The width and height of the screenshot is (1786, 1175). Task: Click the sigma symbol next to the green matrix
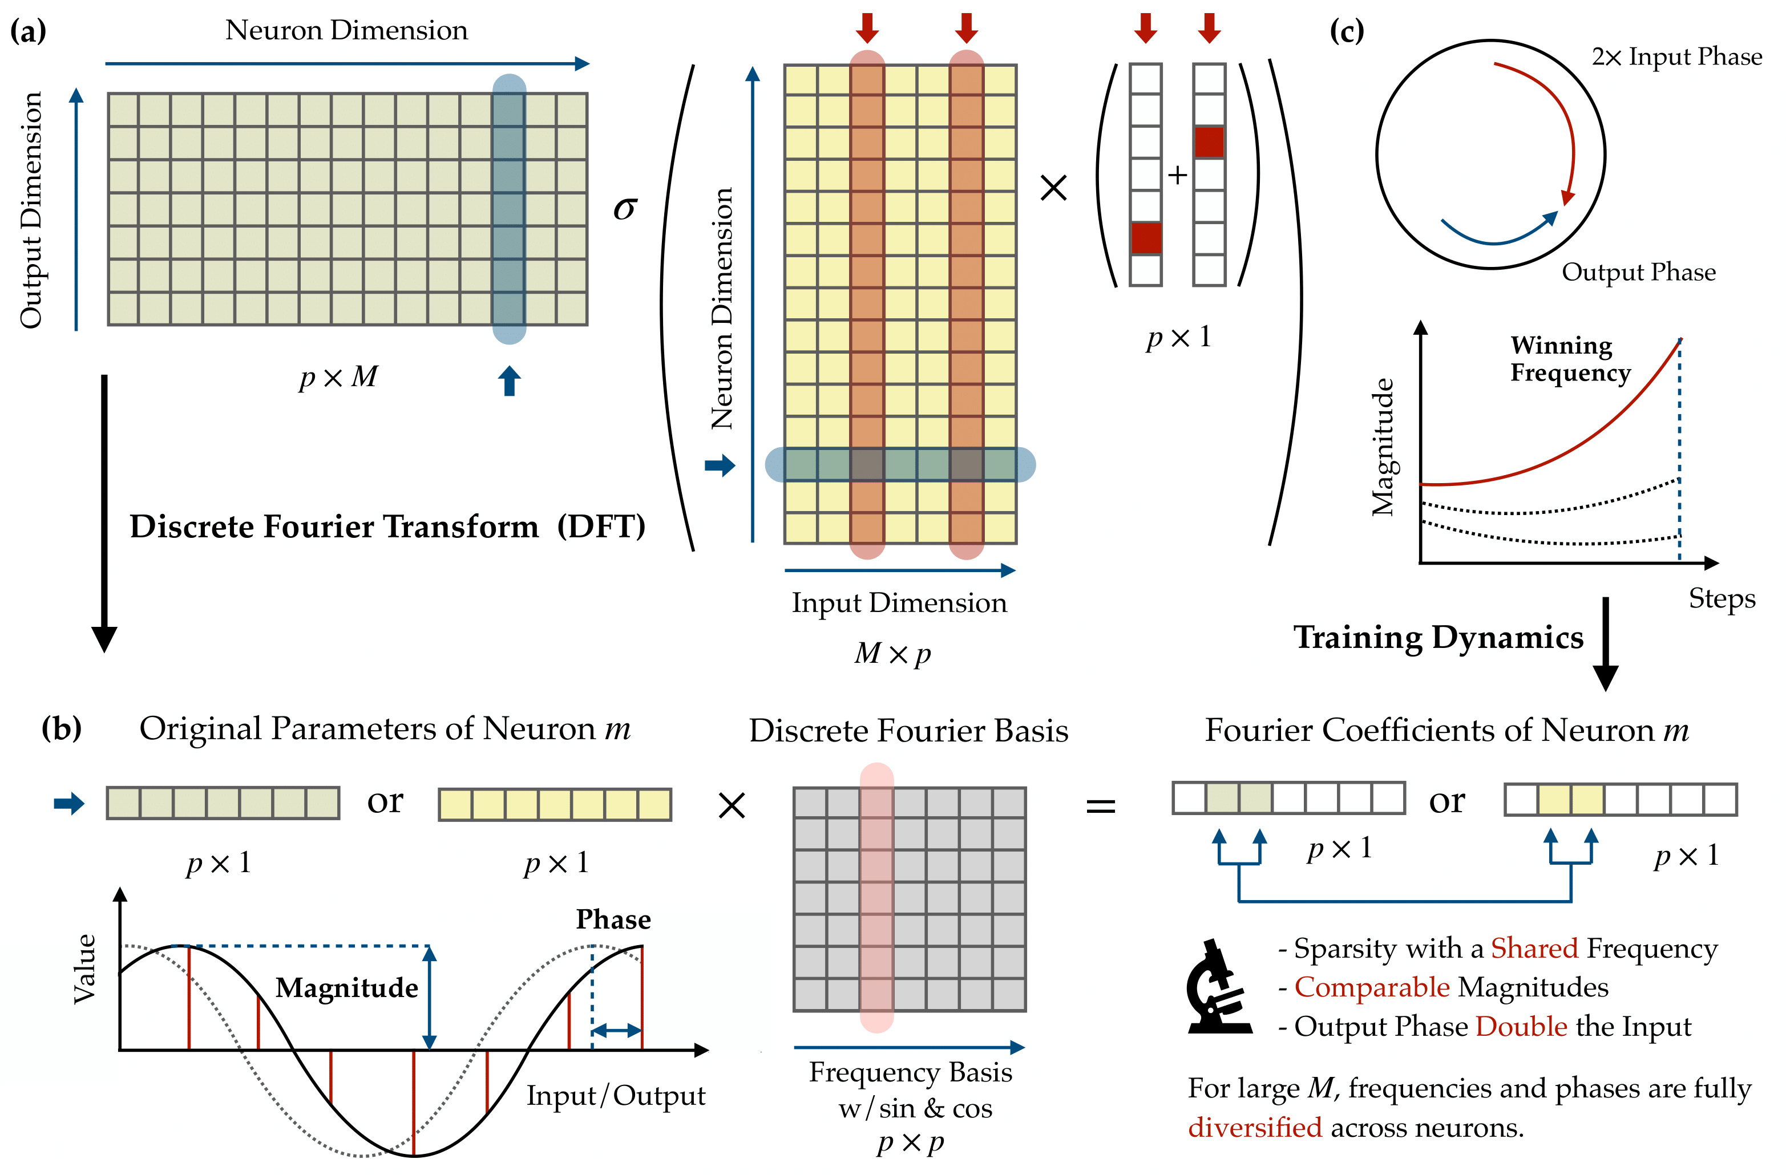tap(625, 209)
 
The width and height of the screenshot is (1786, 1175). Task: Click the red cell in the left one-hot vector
tap(1146, 238)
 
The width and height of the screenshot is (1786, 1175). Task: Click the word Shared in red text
tap(1534, 949)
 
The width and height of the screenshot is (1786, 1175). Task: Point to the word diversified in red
tap(1255, 1128)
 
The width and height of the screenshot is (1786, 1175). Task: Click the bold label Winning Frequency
tap(1570, 359)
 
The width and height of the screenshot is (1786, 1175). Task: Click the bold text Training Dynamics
tap(1438, 637)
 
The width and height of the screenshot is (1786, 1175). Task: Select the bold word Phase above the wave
tap(613, 919)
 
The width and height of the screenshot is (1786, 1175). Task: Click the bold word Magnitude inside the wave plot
tap(347, 987)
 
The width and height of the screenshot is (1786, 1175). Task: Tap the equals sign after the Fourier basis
tap(1101, 807)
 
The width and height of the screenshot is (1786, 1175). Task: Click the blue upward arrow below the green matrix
tap(510, 380)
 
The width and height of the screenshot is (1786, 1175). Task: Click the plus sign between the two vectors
tap(1177, 175)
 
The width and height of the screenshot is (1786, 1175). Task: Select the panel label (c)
tap(1346, 31)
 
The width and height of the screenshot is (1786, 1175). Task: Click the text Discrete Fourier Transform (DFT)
tap(387, 526)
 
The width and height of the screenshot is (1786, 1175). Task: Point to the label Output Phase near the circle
tap(1638, 272)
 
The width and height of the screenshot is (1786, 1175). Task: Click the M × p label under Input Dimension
tap(892, 654)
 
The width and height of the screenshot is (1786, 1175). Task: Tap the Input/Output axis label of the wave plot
tap(615, 1096)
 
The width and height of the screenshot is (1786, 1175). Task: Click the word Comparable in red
tap(1372, 987)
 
